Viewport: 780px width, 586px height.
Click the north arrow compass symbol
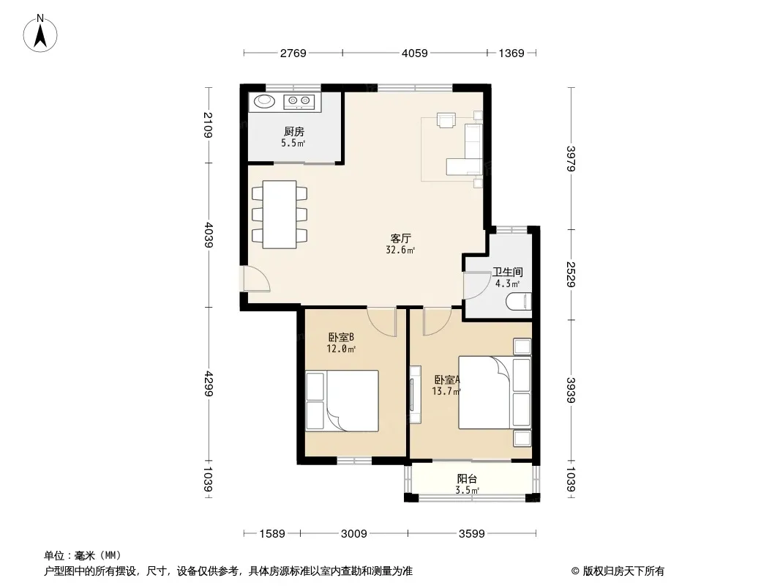tap(40, 34)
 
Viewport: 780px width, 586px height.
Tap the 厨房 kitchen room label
tap(294, 131)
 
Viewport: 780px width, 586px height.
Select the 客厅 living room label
tap(400, 239)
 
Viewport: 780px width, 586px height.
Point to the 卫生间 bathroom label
tap(507, 272)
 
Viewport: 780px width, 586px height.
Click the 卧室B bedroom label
tap(341, 337)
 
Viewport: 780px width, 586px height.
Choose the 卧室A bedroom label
tap(447, 379)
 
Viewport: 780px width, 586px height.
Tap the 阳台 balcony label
tap(467, 478)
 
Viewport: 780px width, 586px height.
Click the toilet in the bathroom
tap(519, 302)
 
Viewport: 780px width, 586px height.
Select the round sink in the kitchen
tap(264, 101)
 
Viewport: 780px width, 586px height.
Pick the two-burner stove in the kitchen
tap(299, 102)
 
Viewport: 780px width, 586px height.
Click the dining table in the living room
tap(280, 215)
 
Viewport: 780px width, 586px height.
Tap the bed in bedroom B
tap(342, 401)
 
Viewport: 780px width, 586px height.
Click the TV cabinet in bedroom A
tap(415, 395)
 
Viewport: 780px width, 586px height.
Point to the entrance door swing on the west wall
tap(256, 279)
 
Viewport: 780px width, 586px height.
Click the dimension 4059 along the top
tap(414, 53)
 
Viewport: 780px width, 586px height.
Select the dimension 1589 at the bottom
tap(272, 534)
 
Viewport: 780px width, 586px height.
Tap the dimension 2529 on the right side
tap(571, 275)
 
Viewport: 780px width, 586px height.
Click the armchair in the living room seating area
tap(446, 120)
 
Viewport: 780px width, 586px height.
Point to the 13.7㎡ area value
tap(446, 391)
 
